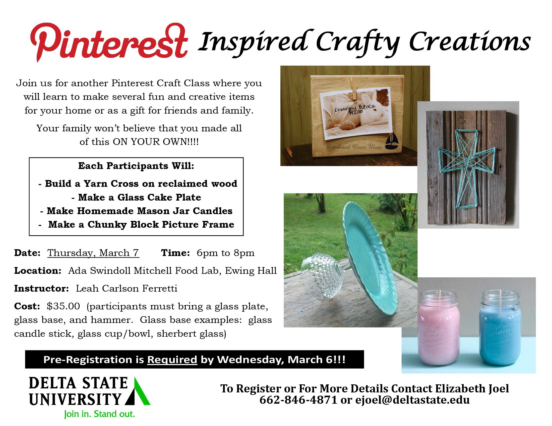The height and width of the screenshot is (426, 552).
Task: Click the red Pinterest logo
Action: [x=109, y=42]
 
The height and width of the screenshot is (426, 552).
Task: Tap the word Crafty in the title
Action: [x=358, y=43]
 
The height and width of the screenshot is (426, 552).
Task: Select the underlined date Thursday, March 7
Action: [x=93, y=253]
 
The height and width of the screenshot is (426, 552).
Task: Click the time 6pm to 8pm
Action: [x=225, y=253]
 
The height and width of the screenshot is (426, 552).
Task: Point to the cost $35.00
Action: [x=64, y=306]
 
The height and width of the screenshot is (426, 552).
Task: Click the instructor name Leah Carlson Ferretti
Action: [x=127, y=288]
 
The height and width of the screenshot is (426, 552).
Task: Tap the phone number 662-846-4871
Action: [x=298, y=400]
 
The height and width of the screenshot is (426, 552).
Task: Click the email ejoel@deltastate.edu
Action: [x=412, y=400]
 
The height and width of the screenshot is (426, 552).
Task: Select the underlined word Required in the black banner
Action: [x=172, y=360]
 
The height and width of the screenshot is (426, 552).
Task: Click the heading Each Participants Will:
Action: [x=136, y=166]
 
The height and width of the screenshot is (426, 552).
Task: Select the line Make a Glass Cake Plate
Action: [x=136, y=197]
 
